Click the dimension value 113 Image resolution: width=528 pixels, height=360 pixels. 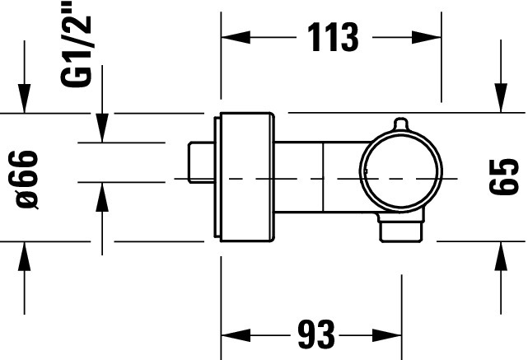(333, 37)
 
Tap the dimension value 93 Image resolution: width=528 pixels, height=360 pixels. (316, 334)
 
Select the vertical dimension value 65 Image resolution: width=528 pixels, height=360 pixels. (504, 177)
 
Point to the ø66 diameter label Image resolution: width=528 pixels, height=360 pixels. (27, 180)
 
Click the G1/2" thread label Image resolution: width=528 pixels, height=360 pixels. (76, 44)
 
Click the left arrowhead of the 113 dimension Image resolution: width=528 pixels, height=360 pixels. (236, 37)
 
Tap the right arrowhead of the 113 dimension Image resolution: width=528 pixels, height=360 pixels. (427, 37)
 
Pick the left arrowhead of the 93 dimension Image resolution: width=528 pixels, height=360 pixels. (236, 335)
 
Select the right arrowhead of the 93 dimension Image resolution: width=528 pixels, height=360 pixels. (387, 335)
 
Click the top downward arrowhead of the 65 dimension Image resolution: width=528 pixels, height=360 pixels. (501, 98)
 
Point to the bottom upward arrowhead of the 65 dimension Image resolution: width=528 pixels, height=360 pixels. (501, 256)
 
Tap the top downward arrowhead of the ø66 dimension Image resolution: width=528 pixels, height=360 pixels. (24, 98)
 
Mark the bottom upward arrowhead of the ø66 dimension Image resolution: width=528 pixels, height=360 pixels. (24, 256)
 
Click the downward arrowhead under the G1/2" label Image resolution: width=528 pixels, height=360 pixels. (102, 128)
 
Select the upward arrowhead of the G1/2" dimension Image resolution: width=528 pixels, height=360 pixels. (102, 197)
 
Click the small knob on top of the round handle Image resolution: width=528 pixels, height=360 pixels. (400, 124)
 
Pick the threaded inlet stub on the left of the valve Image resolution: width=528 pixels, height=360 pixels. (201, 162)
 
